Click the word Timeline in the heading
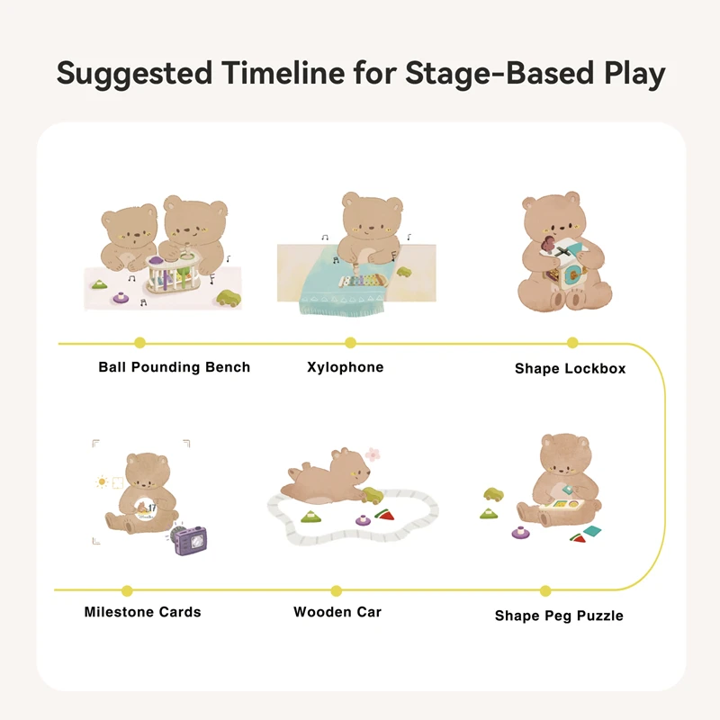click(283, 73)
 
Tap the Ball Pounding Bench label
click(175, 367)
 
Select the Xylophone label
click(346, 367)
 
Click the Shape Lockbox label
click(571, 369)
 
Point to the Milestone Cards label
click(143, 612)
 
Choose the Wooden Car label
click(337, 612)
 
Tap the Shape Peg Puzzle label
click(559, 616)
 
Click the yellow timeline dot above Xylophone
click(350, 343)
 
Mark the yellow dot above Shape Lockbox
click(572, 343)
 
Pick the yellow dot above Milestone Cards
click(127, 590)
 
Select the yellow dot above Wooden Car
click(336, 590)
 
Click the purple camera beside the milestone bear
click(189, 540)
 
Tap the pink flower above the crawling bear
click(373, 454)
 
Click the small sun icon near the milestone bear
click(102, 481)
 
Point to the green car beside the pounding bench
click(229, 298)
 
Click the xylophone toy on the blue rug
click(364, 281)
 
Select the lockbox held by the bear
click(564, 265)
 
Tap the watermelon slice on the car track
click(385, 514)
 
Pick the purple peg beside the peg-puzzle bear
click(521, 533)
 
